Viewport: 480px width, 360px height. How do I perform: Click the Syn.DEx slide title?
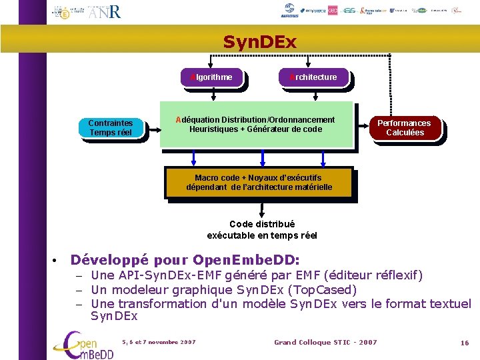point(260,42)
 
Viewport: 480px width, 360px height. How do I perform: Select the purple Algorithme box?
point(212,77)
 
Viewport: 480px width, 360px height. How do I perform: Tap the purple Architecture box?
point(313,77)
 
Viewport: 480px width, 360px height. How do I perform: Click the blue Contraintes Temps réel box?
point(111,127)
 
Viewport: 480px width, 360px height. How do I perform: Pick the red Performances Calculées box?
point(405,127)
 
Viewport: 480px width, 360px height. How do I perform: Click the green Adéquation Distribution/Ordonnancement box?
point(256,124)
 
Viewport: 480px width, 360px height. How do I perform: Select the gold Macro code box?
point(258,182)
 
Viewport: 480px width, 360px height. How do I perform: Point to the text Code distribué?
point(262,224)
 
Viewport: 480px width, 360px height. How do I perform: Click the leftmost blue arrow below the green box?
point(194,158)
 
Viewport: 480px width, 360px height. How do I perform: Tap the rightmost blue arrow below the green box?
point(323,158)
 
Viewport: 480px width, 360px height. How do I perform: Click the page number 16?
point(465,343)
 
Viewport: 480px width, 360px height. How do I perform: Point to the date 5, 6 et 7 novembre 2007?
point(159,342)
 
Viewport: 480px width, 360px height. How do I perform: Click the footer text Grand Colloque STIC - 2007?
point(325,342)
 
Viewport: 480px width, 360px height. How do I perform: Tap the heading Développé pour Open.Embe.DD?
point(185,259)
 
